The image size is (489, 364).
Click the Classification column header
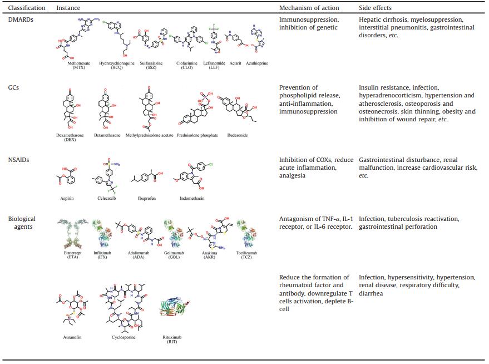[x=27, y=8]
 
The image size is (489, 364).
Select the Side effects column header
[x=375, y=8]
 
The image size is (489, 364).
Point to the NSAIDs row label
[x=19, y=160]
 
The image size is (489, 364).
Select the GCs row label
[x=14, y=87]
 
